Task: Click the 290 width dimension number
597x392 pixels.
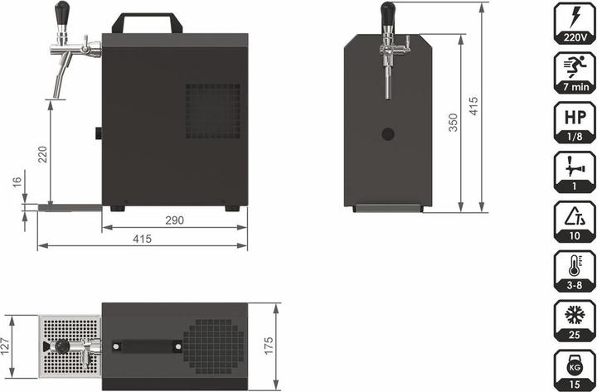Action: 173,220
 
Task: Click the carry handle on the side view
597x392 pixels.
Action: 148,22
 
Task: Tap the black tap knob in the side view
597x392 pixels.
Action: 62,12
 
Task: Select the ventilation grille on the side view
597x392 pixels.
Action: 212,110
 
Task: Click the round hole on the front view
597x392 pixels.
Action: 387,133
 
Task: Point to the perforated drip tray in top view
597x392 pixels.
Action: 70,346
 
